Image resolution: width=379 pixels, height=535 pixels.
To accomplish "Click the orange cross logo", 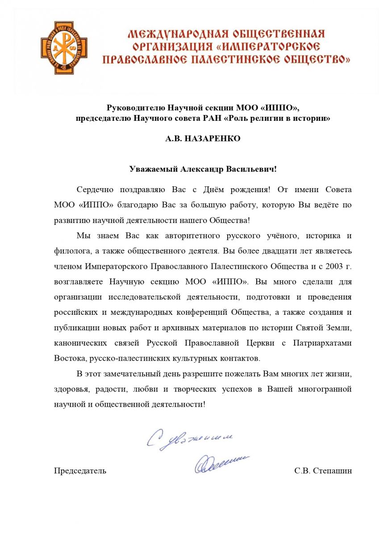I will coord(64,48).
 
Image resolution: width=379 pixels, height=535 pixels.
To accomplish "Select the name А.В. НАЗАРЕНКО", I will coord(203,139).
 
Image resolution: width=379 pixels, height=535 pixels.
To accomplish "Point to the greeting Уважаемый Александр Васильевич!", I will coord(203,169).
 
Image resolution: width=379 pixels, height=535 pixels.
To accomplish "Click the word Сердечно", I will coord(95,189).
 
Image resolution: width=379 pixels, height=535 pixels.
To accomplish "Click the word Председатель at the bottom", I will coord(80,471).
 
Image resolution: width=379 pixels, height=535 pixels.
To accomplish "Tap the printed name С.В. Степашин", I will coord(323,471).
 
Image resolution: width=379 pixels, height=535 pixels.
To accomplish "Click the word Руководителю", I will coord(136,108).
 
